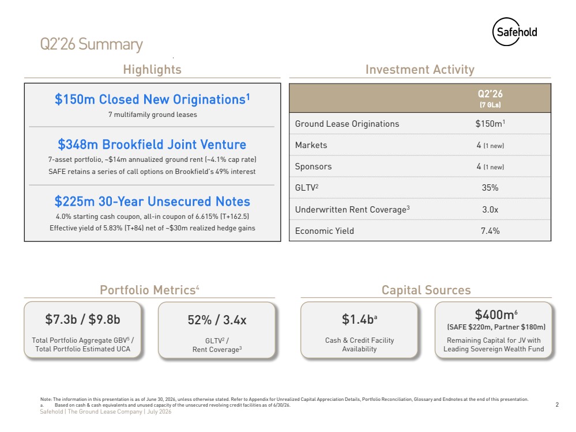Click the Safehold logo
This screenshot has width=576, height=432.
click(514, 32)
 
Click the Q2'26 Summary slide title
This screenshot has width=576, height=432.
click(91, 44)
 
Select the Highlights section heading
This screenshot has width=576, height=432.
click(152, 69)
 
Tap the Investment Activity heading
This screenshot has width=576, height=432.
click(420, 69)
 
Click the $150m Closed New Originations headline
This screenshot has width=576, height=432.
click(152, 99)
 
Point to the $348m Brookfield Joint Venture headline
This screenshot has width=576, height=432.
click(152, 144)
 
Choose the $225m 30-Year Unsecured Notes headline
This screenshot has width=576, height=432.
click(152, 201)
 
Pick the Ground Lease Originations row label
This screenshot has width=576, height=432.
click(347, 124)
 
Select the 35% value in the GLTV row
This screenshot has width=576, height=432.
click(490, 188)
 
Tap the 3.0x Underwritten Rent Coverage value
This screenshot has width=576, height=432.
click(490, 210)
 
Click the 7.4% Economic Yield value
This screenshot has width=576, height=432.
click(490, 231)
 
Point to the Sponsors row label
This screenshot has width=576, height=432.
click(313, 166)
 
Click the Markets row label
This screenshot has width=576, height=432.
click(311, 145)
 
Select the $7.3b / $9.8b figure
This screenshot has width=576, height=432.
click(82, 319)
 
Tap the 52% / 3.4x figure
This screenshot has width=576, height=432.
click(217, 320)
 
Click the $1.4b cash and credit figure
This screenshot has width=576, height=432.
click(359, 319)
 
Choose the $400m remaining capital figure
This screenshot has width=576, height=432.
click(496, 314)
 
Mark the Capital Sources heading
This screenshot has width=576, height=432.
click(426, 290)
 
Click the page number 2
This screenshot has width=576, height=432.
click(558, 404)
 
